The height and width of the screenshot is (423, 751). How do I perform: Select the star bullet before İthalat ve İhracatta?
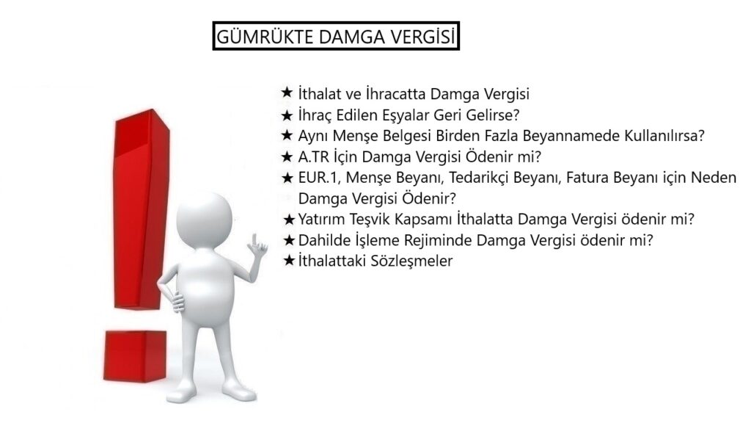(x=287, y=93)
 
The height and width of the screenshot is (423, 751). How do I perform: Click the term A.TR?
(x=314, y=157)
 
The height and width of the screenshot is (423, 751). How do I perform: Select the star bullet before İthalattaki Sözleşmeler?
(x=289, y=261)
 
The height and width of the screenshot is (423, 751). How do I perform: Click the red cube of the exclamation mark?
(x=135, y=355)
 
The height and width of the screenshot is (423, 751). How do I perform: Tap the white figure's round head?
(x=204, y=219)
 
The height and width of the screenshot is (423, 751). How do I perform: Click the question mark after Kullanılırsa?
(x=701, y=136)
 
